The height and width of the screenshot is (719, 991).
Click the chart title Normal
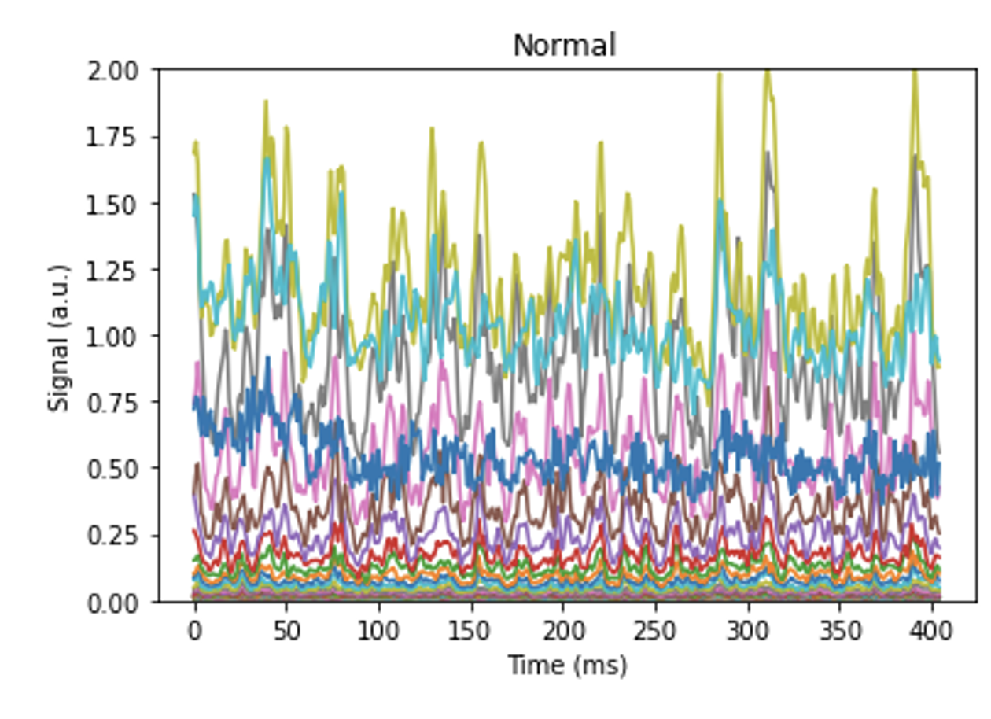click(x=564, y=46)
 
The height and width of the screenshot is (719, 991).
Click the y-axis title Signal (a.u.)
click(x=59, y=337)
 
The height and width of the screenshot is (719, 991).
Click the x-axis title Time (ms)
click(x=567, y=666)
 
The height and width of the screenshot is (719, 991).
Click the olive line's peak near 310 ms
click(x=768, y=72)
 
